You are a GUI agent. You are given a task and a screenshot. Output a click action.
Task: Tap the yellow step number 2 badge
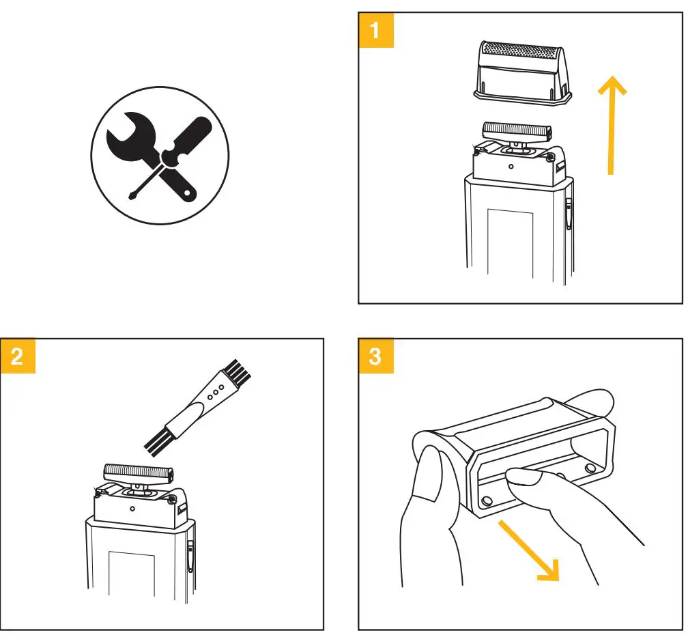coord(18,356)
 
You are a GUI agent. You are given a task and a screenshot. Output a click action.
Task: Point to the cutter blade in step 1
coord(516,130)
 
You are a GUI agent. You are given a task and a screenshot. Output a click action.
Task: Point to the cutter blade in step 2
coord(138,471)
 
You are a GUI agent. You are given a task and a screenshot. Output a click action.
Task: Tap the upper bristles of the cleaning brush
coord(240,372)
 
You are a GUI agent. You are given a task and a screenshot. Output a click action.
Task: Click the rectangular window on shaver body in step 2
coord(132,580)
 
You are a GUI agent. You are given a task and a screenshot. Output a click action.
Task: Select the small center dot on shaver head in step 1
coord(511,165)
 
